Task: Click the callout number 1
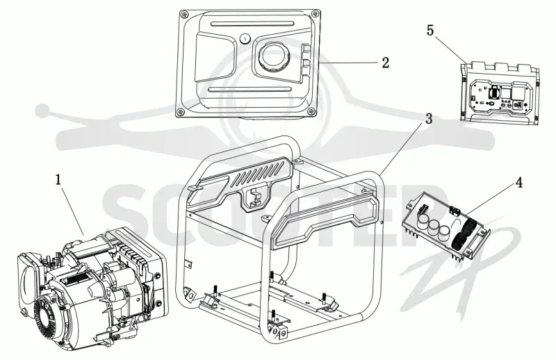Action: point(58,179)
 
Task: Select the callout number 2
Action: point(386,63)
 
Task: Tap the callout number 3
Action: point(429,119)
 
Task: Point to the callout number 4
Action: point(518,183)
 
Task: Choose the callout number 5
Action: point(430,31)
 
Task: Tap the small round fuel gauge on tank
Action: point(245,39)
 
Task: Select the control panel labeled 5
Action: point(500,93)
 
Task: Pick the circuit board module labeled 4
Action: point(447,227)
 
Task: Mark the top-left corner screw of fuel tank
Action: point(183,14)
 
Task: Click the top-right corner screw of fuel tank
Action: point(314,13)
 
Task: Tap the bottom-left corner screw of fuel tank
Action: point(181,112)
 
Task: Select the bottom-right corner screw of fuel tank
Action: point(311,111)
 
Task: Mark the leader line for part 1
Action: point(74,211)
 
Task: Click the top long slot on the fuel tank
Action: point(252,24)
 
